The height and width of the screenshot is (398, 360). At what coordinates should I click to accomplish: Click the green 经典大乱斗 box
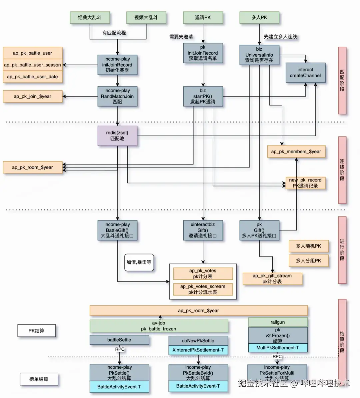click(x=89, y=17)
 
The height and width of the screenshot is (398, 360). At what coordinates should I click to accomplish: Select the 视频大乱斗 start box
click(x=146, y=17)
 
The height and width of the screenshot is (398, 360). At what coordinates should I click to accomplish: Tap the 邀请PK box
click(x=203, y=17)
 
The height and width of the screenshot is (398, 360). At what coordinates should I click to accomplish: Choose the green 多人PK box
click(x=259, y=17)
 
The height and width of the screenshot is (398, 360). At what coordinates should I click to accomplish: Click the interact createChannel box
click(x=305, y=73)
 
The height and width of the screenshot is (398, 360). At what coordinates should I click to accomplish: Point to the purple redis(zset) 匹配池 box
click(x=117, y=136)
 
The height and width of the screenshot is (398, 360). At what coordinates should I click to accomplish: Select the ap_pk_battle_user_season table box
click(x=33, y=65)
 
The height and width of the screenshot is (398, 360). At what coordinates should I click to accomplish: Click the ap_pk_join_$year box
click(x=33, y=96)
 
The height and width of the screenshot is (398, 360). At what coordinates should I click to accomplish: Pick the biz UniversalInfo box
click(x=259, y=55)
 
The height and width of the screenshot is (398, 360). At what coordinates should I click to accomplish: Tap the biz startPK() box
click(x=203, y=96)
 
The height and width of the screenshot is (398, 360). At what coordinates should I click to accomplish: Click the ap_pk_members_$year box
click(x=296, y=152)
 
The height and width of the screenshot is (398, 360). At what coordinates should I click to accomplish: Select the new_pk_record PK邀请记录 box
click(x=305, y=183)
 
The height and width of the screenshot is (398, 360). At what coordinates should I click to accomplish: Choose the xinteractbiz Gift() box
click(x=203, y=230)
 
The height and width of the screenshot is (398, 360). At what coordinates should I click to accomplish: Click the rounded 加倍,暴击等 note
click(x=139, y=262)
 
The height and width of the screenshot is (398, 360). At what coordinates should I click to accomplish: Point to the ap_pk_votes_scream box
click(x=203, y=289)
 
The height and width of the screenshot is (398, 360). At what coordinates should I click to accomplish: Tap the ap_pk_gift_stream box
click(x=272, y=278)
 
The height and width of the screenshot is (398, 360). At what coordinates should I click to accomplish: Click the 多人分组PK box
click(x=309, y=260)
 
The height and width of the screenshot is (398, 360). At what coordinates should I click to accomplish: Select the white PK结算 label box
click(x=36, y=331)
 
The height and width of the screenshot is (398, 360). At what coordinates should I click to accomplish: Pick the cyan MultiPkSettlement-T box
click(x=278, y=348)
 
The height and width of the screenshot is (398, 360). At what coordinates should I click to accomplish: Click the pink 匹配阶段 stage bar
click(x=342, y=80)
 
